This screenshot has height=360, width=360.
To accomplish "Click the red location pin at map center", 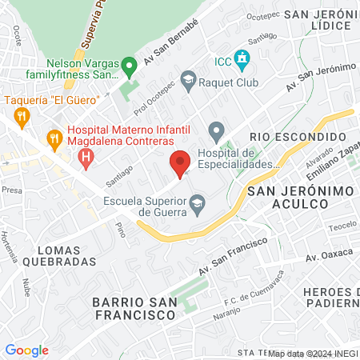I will coord(180,162).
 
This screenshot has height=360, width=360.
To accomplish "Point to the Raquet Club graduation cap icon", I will coord(188,79).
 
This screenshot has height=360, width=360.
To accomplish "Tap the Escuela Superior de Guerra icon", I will coord(196,206).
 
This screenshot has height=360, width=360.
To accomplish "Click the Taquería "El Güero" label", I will coord(51,100).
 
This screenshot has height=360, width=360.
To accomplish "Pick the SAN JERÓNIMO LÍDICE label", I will coord(318,20).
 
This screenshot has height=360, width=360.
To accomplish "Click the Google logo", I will coord(26,350).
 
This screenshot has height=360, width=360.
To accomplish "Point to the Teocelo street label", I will coord(342,225).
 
